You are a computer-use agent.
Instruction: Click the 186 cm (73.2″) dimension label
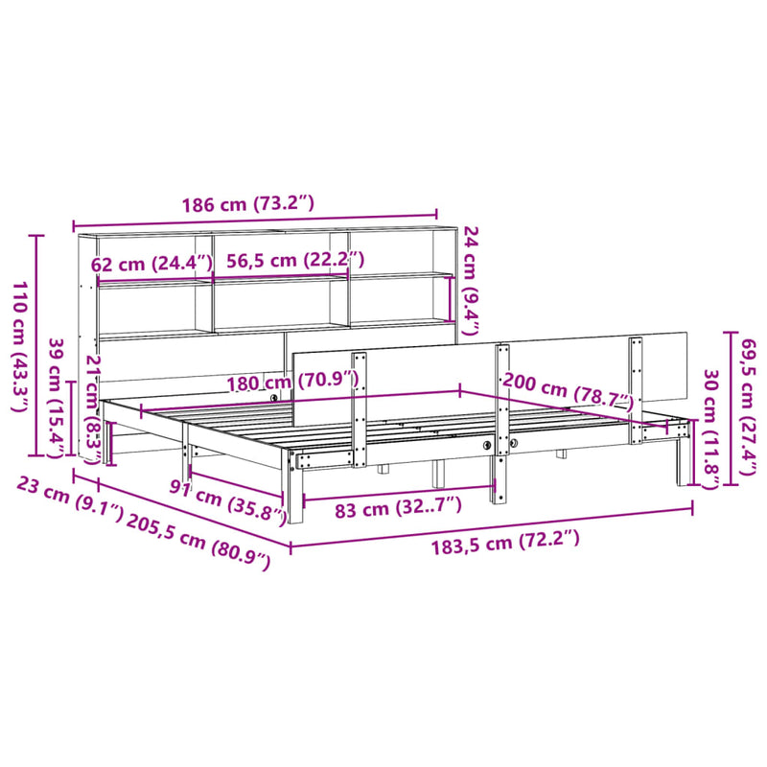tap(248, 203)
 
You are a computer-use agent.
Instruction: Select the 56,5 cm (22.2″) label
tap(296, 261)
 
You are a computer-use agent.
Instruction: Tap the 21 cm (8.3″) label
tap(93, 408)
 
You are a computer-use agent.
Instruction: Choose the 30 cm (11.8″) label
tap(710, 423)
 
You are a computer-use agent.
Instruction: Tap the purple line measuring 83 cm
tap(398, 491)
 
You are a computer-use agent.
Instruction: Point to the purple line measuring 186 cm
tap(255, 221)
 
